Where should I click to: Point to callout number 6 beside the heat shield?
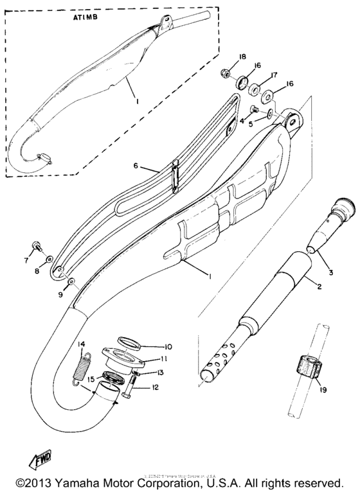(x=136, y=166)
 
